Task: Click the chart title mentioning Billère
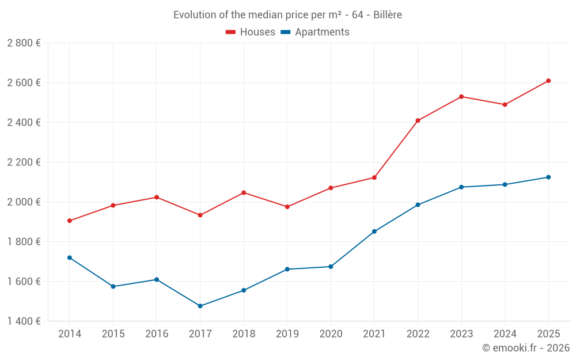[287, 14]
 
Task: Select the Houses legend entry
[251, 32]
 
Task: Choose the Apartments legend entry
[315, 32]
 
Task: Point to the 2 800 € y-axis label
[24, 43]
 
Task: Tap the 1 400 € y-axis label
[24, 321]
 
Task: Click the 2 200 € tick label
[24, 162]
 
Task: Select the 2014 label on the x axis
[70, 334]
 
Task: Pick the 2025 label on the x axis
[548, 334]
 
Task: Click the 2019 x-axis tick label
[287, 334]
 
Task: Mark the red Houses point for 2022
[418, 120]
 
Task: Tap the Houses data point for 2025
[548, 81]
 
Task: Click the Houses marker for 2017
[200, 215]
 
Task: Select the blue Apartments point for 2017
[200, 306]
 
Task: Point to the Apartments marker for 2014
[70, 257]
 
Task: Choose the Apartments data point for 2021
[374, 232]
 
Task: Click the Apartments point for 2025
[548, 177]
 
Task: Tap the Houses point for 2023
[461, 97]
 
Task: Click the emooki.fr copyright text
[526, 348]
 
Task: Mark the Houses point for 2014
[70, 221]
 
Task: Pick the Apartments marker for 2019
[287, 269]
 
